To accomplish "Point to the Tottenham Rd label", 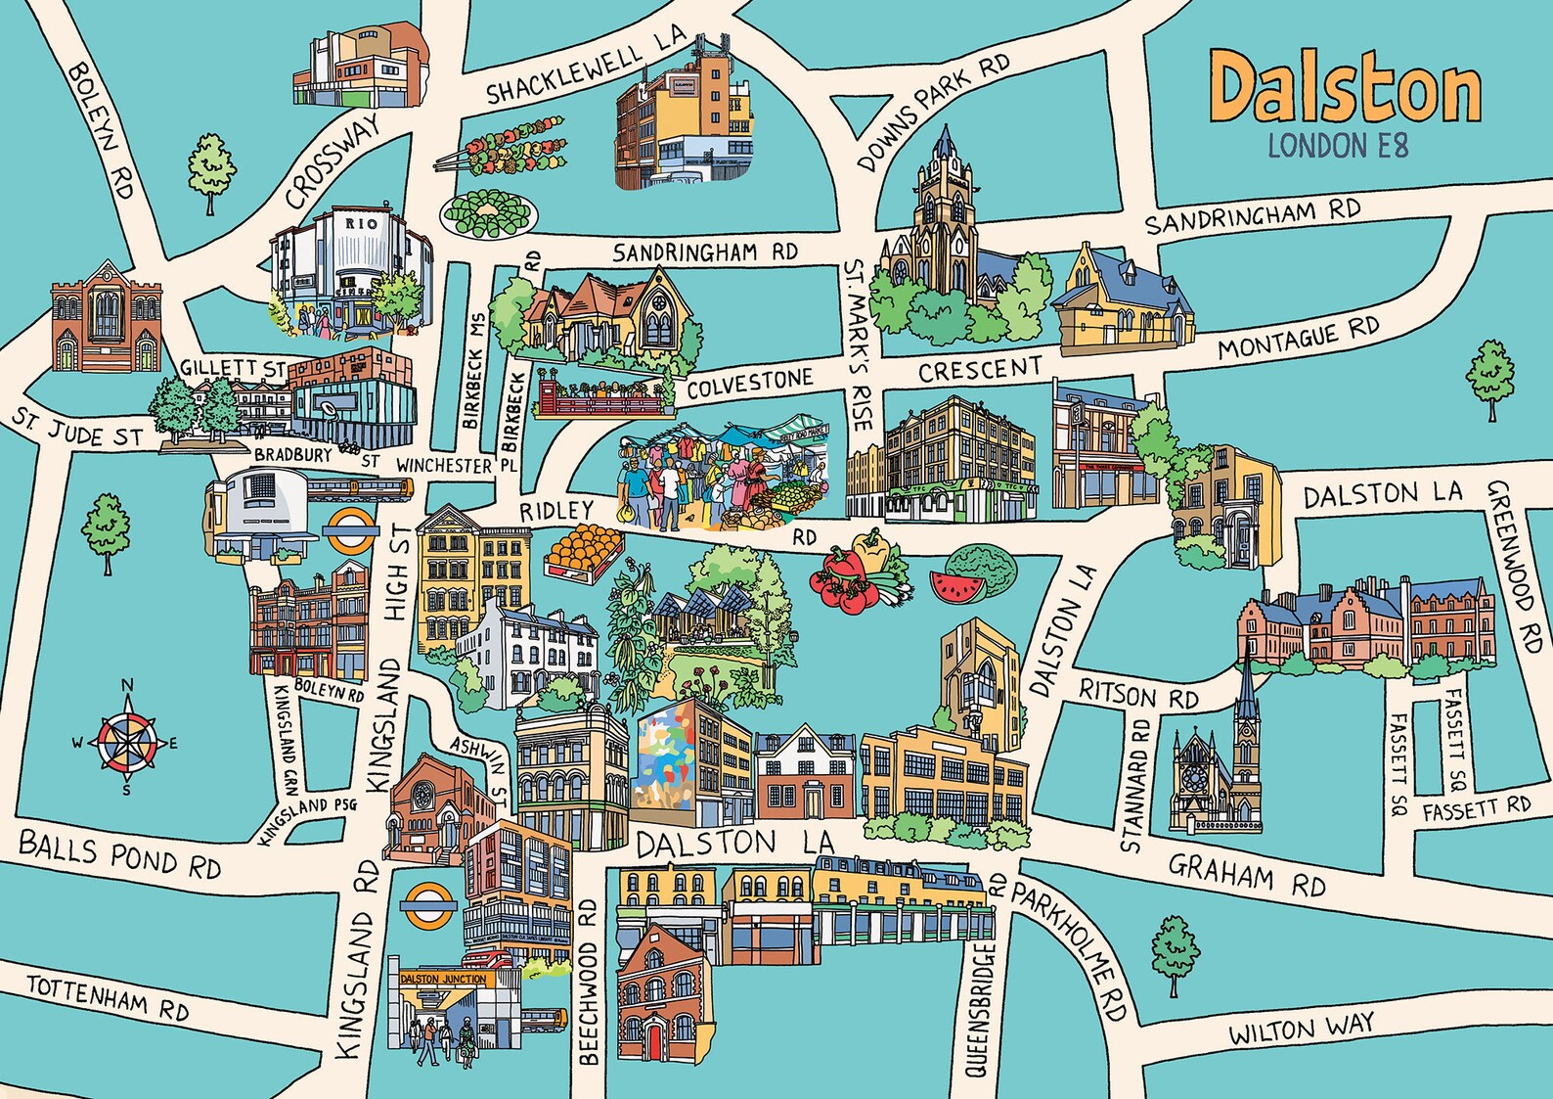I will pos(108,996).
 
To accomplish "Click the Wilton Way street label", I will pos(1302,1029).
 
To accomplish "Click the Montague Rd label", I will pos(1298,339).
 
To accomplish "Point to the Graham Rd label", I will pos(1247,874).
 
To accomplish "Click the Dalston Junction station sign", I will pos(443,979).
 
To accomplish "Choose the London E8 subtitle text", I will pos(1337,147).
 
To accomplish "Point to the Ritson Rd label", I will pos(1138,695).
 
